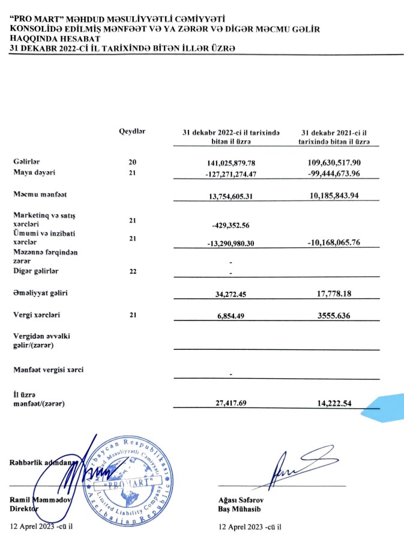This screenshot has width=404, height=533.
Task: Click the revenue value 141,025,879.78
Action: tap(231, 163)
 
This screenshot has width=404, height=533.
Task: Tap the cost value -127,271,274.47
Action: tap(231, 173)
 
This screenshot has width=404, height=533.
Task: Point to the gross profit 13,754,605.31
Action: tap(231, 196)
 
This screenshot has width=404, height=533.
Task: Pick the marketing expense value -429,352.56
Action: tap(231, 225)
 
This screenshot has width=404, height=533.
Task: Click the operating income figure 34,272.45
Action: tap(231, 294)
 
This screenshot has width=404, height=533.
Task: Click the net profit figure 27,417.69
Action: tap(231, 403)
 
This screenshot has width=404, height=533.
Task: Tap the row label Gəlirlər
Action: tap(27, 162)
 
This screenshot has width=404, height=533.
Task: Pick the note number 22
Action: tap(133, 271)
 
